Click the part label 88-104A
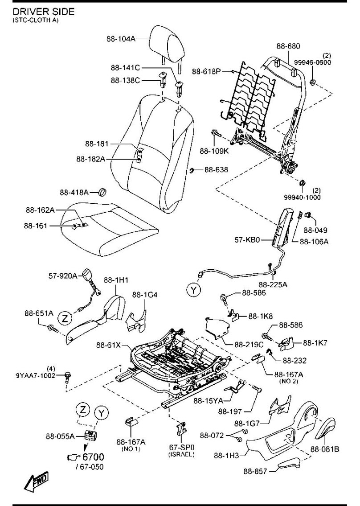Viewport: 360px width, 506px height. pyautogui.click(x=120, y=39)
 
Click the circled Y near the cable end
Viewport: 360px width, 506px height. pyautogui.click(x=193, y=290)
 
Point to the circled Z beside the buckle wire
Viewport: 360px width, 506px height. pyautogui.click(x=65, y=318)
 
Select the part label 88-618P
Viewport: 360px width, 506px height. pyautogui.click(x=206, y=71)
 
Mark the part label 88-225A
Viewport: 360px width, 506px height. pyautogui.click(x=273, y=284)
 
